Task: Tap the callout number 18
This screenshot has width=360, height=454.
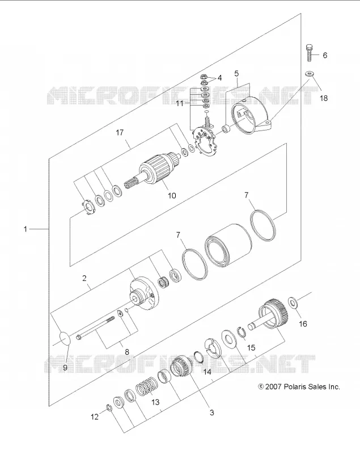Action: click(324, 98)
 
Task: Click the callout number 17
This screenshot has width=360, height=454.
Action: click(120, 132)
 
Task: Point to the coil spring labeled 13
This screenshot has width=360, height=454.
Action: click(147, 387)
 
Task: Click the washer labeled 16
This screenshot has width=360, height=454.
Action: click(294, 303)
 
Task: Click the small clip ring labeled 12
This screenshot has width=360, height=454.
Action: click(109, 407)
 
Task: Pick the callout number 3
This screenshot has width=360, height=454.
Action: click(211, 413)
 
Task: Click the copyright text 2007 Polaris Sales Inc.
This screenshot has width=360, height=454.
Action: click(299, 386)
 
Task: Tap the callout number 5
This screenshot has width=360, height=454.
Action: click(236, 73)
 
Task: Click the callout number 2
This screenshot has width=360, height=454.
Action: click(84, 278)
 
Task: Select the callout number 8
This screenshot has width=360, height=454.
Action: click(126, 352)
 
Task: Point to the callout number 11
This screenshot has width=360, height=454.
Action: click(180, 103)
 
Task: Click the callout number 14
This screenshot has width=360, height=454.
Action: click(207, 372)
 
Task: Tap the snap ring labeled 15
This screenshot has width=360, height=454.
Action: click(242, 332)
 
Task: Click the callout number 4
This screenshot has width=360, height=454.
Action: click(219, 78)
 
